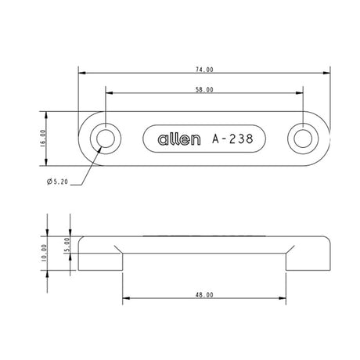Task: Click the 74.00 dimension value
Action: click(x=206, y=70)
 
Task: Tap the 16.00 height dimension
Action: click(x=43, y=139)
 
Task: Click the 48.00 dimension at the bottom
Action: click(x=206, y=295)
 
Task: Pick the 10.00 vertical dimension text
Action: click(x=44, y=252)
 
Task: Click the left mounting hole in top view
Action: click(x=106, y=139)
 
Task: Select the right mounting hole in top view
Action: click(x=303, y=139)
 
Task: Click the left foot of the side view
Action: click(x=102, y=258)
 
